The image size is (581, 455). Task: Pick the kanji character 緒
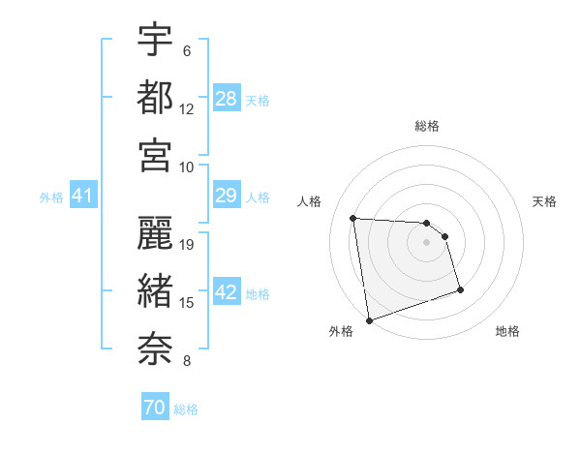point(155,288)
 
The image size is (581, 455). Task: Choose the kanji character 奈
point(155,347)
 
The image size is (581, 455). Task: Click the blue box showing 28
point(227,99)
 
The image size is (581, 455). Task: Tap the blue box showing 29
point(227,197)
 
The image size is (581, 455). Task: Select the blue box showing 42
point(227,293)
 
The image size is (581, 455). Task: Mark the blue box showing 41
point(82,197)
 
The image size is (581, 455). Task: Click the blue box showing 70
point(155,408)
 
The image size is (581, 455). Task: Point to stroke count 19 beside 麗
point(188,245)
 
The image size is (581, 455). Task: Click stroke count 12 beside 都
point(187,109)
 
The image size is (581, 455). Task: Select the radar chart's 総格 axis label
point(427,126)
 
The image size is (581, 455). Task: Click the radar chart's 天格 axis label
point(545,201)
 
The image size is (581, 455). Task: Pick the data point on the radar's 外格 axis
point(369,319)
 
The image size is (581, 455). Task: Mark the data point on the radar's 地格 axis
point(460,289)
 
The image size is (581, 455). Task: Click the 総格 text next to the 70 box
point(186,409)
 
